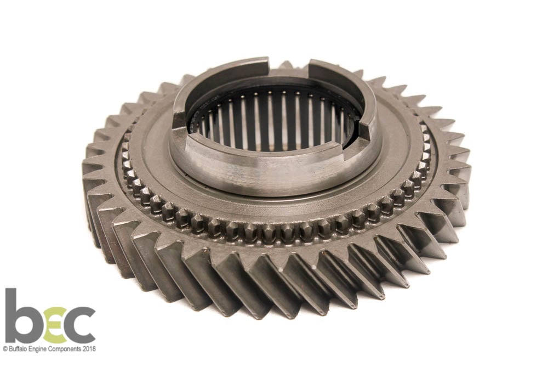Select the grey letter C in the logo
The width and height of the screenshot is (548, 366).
click(79, 325)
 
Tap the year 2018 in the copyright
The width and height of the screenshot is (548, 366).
click(90, 349)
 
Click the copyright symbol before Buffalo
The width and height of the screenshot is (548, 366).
click(5, 349)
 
